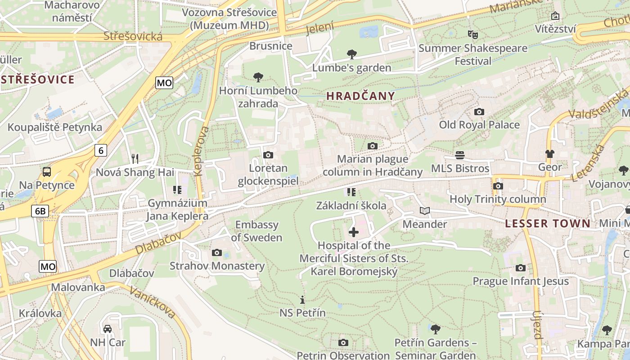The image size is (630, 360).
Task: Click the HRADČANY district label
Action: (360, 96)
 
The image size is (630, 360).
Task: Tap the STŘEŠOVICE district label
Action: (37, 80)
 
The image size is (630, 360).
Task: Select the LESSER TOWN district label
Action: (547, 224)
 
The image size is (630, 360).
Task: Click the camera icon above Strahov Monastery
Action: (217, 252)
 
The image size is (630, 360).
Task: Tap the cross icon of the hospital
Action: (354, 232)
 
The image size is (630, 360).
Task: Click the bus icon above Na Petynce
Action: (47, 171)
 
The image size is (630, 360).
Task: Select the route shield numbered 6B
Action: (40, 211)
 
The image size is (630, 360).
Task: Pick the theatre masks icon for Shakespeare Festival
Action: (472, 34)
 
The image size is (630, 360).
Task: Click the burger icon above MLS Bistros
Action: (460, 155)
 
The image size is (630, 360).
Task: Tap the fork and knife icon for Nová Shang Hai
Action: (135, 158)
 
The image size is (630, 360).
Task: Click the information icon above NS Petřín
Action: (302, 300)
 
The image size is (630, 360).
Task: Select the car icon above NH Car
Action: (108, 329)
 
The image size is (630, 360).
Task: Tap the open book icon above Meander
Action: (424, 211)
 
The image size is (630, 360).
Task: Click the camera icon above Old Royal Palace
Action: (479, 112)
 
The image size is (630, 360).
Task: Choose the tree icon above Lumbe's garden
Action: (352, 54)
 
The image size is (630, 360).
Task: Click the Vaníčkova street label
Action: (152, 301)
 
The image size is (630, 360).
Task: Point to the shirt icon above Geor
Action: (550, 154)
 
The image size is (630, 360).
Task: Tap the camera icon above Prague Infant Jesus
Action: (521, 268)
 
